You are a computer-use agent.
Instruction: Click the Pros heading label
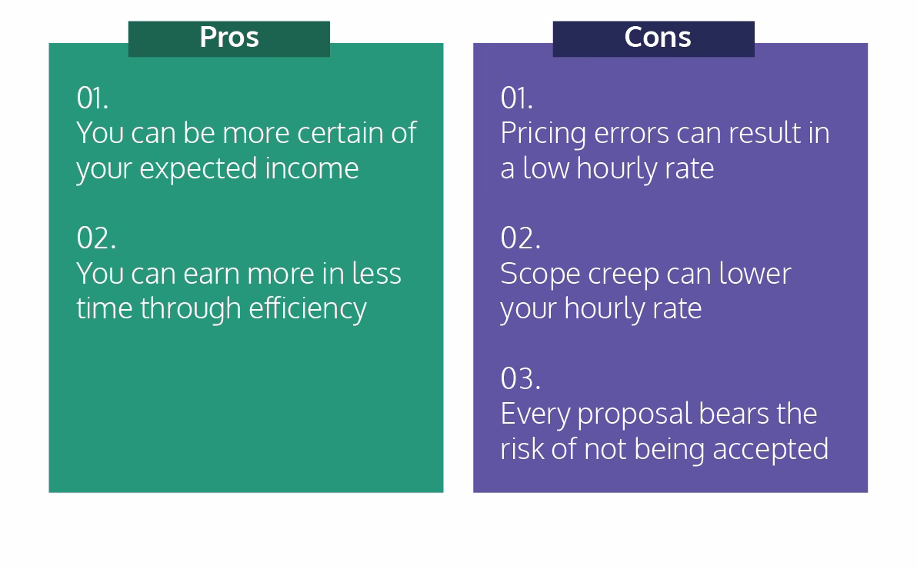[228, 38]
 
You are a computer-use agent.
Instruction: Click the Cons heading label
[657, 38]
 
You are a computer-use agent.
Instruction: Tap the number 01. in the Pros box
[92, 98]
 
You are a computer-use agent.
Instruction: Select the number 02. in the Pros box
[96, 238]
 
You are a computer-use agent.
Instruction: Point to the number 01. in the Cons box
[517, 98]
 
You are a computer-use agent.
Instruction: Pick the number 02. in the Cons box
[521, 238]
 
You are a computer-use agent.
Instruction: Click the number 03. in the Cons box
[521, 378]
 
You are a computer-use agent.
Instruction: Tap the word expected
[198, 170]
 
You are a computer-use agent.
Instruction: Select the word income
[312, 168]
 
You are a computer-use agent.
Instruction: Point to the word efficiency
[308, 309]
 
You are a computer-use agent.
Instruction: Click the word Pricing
[543, 134]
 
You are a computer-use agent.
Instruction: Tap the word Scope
[540, 275]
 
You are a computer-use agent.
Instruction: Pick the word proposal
[634, 415]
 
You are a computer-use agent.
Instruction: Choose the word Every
[535, 415]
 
